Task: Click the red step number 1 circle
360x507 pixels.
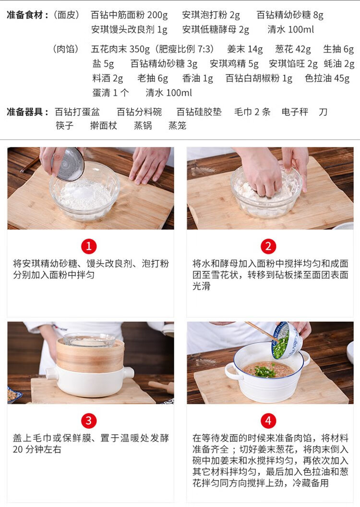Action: [x=89, y=246]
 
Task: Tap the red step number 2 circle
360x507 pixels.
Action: [x=268, y=246]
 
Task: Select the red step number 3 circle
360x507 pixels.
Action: [x=89, y=421]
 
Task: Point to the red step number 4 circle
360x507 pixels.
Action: [x=268, y=421]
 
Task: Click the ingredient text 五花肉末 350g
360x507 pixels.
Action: [x=120, y=49]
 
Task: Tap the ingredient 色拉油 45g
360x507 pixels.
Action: [x=327, y=79]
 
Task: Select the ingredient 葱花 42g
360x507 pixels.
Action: [x=293, y=49]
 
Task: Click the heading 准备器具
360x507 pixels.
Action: [x=25, y=112]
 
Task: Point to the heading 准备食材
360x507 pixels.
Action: [x=25, y=15]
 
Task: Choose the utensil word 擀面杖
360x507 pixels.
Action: [x=103, y=125]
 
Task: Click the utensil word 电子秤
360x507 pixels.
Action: [x=295, y=112]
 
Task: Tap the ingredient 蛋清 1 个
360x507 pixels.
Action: [x=110, y=93]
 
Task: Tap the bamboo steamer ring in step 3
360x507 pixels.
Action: [x=90, y=355]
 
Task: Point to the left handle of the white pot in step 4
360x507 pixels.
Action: [x=231, y=370]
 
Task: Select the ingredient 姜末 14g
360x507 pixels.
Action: [x=245, y=49]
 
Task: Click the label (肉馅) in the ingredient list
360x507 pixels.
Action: [x=66, y=49]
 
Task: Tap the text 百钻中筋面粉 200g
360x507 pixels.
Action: [x=130, y=15]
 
